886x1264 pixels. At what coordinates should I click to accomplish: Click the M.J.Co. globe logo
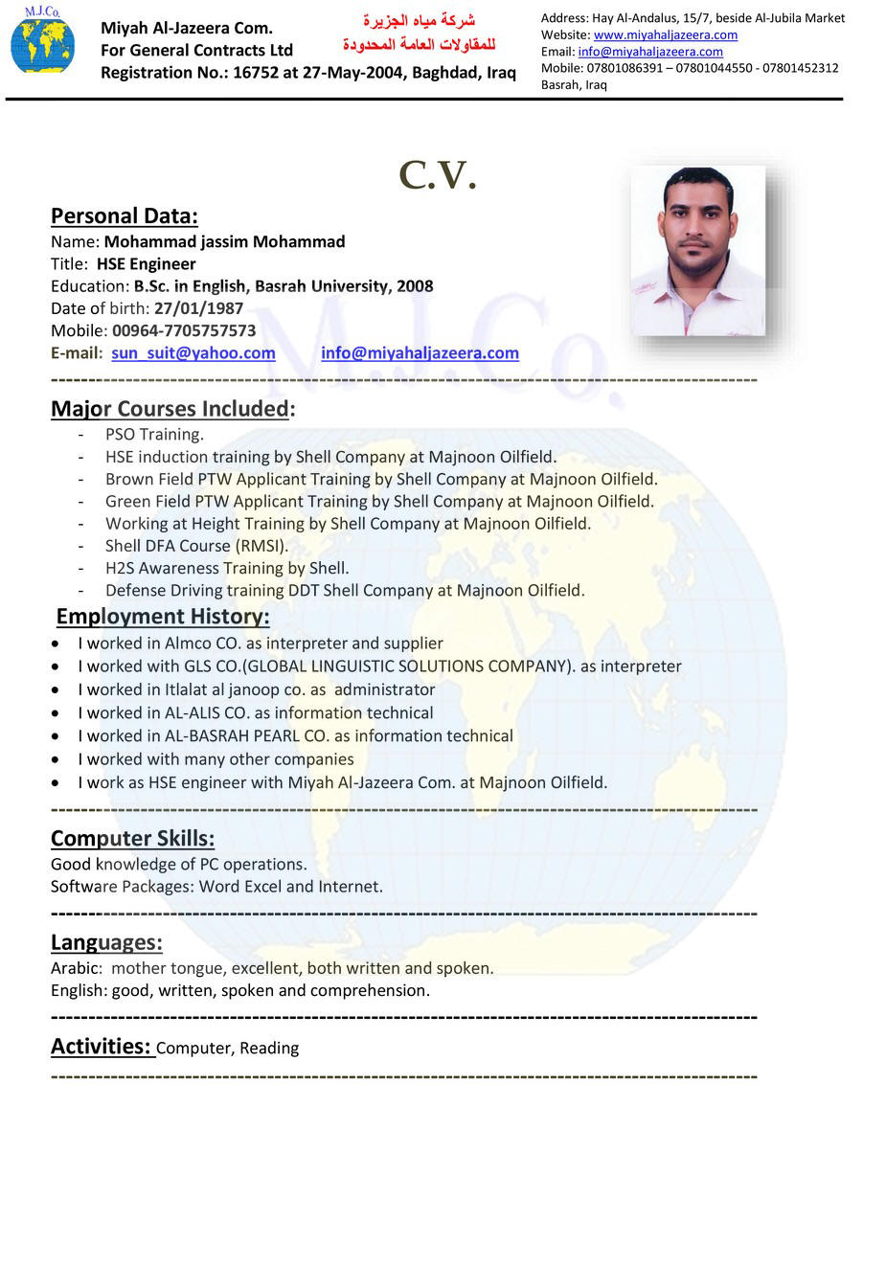pyautogui.click(x=42, y=42)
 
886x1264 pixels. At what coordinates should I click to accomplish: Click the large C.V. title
pyautogui.click(x=437, y=176)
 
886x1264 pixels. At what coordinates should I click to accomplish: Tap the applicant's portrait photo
pyautogui.click(x=698, y=251)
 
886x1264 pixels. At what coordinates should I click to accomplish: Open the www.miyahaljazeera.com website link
pyautogui.click(x=665, y=34)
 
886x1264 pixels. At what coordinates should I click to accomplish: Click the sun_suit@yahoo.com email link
pyautogui.click(x=193, y=352)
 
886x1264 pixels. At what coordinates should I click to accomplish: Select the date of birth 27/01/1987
pyautogui.click(x=198, y=308)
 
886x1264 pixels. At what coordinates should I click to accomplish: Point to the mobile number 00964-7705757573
pyautogui.click(x=184, y=330)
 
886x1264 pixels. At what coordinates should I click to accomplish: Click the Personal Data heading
pyautogui.click(x=125, y=215)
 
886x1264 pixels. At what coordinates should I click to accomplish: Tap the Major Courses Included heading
pyautogui.click(x=172, y=409)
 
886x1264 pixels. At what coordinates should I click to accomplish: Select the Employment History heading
pyautogui.click(x=163, y=616)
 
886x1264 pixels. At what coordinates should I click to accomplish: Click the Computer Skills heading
pyautogui.click(x=132, y=839)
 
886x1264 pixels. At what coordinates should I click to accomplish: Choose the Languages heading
pyautogui.click(x=106, y=942)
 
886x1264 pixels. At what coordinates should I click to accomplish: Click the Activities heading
pyautogui.click(x=101, y=1046)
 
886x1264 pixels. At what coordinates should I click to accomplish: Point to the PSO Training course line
pyautogui.click(x=154, y=435)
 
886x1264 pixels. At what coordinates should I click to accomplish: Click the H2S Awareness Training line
pyautogui.click(x=227, y=568)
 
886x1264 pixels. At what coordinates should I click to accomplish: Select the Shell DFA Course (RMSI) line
pyautogui.click(x=196, y=546)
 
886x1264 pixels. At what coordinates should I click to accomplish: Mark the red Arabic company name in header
pyautogui.click(x=420, y=33)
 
